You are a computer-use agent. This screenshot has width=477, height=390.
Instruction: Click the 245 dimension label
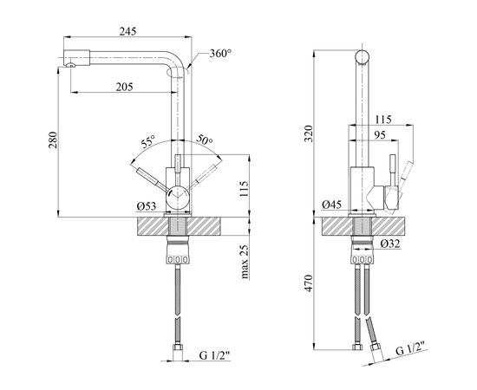tap(127, 31)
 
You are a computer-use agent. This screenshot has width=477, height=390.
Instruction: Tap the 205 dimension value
tap(124, 87)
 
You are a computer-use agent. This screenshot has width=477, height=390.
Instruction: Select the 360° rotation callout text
tap(220, 54)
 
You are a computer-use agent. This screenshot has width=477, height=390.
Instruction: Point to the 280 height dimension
tap(52, 140)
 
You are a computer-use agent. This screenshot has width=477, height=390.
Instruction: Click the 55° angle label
tap(148, 141)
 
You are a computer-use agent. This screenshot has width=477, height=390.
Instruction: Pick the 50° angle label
tap(205, 139)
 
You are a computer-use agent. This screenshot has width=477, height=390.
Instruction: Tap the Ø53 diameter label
tap(147, 206)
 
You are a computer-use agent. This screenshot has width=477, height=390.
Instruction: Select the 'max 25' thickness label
tap(245, 262)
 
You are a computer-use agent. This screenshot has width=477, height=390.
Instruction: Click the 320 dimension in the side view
tap(309, 133)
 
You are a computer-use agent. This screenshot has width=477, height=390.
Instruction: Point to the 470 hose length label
tap(309, 283)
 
